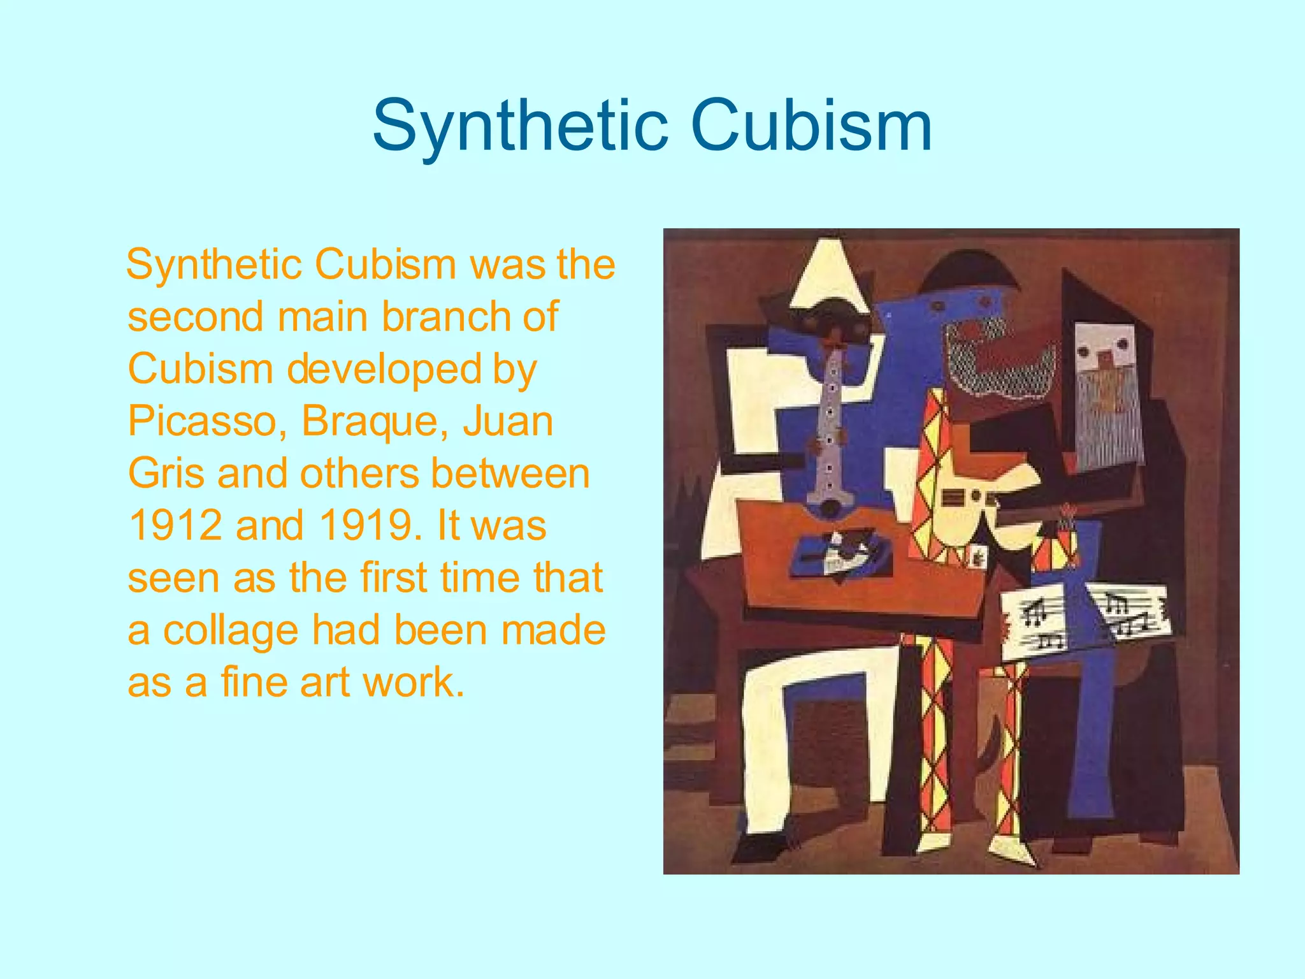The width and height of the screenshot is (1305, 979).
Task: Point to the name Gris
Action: tap(166, 474)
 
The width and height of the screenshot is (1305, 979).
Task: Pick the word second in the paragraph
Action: tap(195, 317)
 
